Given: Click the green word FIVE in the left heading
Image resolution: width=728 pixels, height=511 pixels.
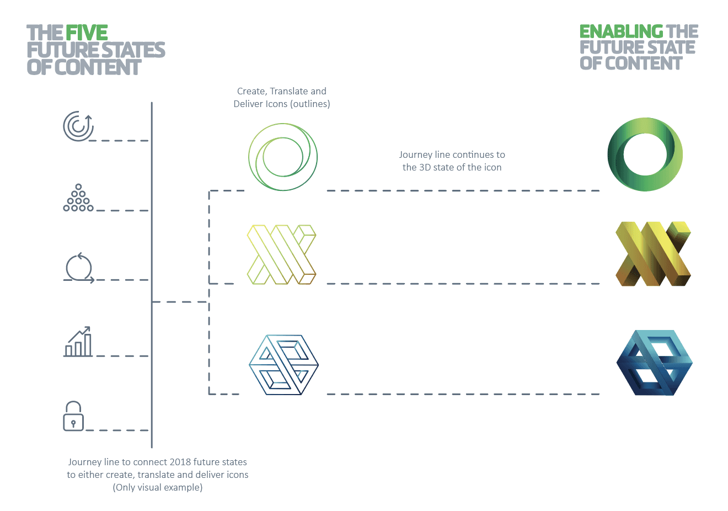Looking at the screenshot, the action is coord(87,33).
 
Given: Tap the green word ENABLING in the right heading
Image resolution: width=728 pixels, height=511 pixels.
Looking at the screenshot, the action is coord(621,31).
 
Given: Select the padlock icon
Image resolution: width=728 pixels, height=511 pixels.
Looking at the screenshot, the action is coord(73,416).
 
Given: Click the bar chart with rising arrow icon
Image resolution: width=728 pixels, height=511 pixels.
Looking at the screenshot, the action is coord(78,342).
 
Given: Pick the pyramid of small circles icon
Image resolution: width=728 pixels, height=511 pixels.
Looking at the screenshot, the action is coord(78,198).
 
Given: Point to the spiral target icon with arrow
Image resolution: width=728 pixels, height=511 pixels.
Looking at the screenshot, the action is coord(78,126).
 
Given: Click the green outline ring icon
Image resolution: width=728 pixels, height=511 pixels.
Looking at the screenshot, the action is coord(282,157).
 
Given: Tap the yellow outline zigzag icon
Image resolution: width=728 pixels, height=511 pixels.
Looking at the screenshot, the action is coord(281,254).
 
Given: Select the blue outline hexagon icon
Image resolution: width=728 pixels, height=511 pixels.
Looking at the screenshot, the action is coord(283,364).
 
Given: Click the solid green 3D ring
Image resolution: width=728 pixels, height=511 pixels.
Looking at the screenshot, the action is coord(645,155).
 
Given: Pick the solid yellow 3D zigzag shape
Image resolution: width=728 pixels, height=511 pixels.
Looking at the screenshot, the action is coord(653,254).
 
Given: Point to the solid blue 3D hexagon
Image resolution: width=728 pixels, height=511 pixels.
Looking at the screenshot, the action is coord(654,363).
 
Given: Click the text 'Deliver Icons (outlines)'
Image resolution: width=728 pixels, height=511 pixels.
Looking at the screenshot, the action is coord(282,104).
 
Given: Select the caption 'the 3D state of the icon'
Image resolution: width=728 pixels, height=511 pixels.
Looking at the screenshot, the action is coord(452,167).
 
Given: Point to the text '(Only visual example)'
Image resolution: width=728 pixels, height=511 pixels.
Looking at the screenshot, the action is coord(158,487).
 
